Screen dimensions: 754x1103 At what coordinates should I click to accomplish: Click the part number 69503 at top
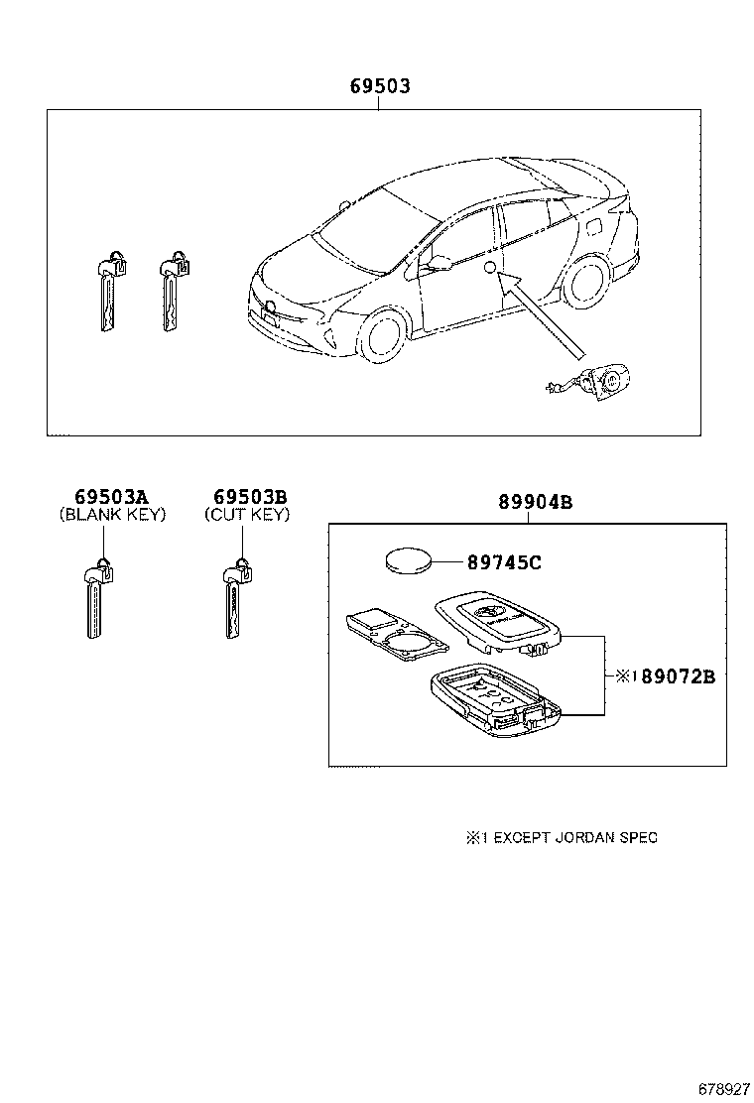tap(381, 86)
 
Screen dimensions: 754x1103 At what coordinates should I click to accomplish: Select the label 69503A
tap(112, 497)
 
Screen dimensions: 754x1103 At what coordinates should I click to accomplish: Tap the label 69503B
tap(250, 497)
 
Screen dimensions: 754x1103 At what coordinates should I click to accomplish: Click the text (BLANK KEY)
tap(112, 514)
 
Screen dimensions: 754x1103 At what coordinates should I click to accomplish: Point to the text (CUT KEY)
tap(248, 514)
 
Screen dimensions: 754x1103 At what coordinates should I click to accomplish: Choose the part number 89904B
tap(536, 502)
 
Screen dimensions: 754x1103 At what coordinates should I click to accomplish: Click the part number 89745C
tap(504, 562)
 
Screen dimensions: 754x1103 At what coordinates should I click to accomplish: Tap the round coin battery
tap(408, 561)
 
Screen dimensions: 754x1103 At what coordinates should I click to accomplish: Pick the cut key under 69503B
tap(236, 598)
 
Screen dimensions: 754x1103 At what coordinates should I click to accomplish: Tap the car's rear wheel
tap(586, 280)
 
